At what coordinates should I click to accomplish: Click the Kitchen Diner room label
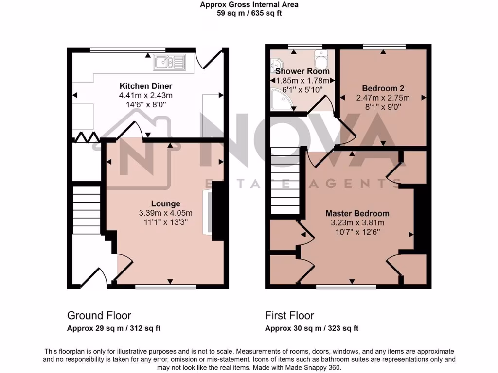tap(145, 86)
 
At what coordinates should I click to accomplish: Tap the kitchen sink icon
tap(169, 62)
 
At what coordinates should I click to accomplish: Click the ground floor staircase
tap(87, 209)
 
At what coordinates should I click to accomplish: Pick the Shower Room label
tap(302, 71)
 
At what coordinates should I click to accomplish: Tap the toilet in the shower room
tap(321, 60)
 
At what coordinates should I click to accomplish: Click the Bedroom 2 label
tap(383, 88)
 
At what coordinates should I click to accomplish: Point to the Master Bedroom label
tap(357, 213)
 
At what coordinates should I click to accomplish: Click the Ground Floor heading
tap(99, 316)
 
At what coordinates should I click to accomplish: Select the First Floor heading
tap(289, 316)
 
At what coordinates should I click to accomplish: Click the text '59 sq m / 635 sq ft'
tap(249, 13)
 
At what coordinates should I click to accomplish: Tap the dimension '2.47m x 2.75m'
tap(383, 98)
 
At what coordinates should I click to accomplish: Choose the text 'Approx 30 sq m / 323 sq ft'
tap(312, 328)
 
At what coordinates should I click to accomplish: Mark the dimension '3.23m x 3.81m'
tap(357, 222)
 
